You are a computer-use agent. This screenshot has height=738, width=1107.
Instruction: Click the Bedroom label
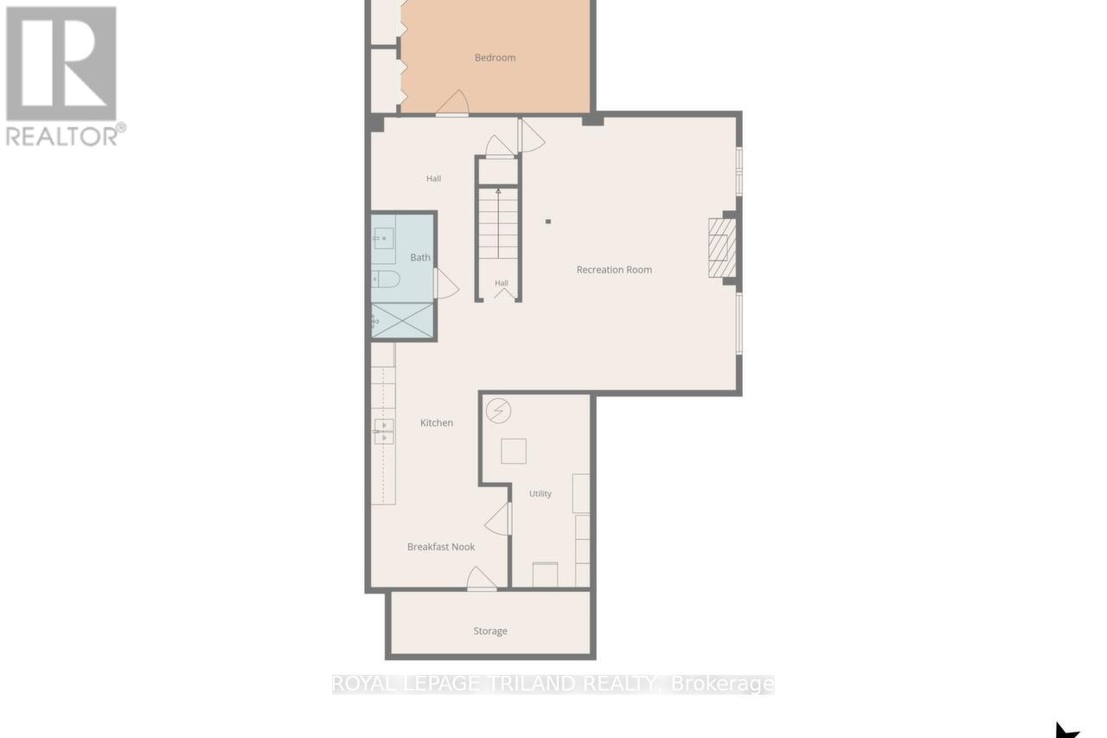[495, 58]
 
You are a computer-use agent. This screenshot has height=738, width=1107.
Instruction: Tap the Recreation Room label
[614, 269]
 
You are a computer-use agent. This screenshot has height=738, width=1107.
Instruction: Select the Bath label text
[420, 257]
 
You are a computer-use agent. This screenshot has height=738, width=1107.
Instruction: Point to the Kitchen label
[437, 422]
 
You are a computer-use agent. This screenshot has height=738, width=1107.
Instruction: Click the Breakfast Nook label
[441, 547]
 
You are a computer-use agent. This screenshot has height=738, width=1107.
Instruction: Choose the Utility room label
[541, 493]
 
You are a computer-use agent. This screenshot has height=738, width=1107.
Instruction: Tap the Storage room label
[490, 631]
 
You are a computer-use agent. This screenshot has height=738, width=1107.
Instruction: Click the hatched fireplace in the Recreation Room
[722, 247]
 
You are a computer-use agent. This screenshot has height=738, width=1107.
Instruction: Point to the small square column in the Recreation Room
[548, 221]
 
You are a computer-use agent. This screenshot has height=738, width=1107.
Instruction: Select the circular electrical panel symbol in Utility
[498, 411]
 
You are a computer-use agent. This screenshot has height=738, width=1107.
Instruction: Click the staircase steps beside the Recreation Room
[498, 223]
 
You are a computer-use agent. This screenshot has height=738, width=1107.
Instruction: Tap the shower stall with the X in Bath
[402, 320]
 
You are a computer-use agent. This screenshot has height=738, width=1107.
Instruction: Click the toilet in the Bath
[386, 279]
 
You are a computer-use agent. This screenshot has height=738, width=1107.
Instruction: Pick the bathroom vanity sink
[383, 239]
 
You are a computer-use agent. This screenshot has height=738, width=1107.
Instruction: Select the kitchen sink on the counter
[383, 431]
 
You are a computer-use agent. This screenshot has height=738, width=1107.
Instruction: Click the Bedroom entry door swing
[452, 103]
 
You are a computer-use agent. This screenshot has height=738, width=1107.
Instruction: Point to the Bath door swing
[446, 283]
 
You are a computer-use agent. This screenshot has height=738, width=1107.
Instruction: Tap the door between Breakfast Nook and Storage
[482, 578]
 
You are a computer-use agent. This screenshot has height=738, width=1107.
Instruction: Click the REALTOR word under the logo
[61, 136]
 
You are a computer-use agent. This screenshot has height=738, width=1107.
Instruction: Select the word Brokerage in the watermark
[722, 684]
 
